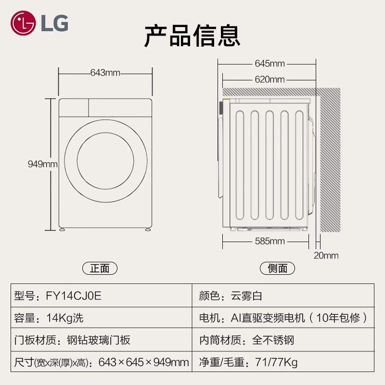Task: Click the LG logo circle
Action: coord(23,23)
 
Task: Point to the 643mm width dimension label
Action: coord(105,73)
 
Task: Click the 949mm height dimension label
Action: coord(42,164)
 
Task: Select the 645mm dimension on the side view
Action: coord(269,64)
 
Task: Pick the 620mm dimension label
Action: coord(269,79)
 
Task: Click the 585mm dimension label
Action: coord(269,241)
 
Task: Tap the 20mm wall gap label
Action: coord(326,256)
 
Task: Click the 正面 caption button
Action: coord(100,269)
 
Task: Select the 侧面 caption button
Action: coord(277,269)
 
